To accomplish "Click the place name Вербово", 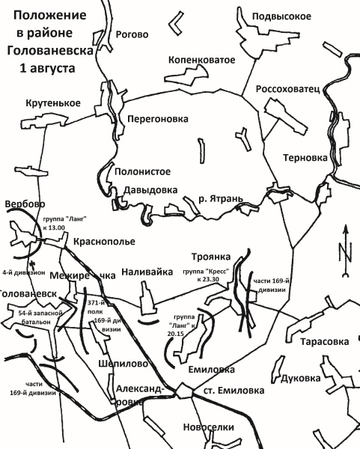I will click(25, 204).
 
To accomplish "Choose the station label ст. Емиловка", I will click(228, 391).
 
